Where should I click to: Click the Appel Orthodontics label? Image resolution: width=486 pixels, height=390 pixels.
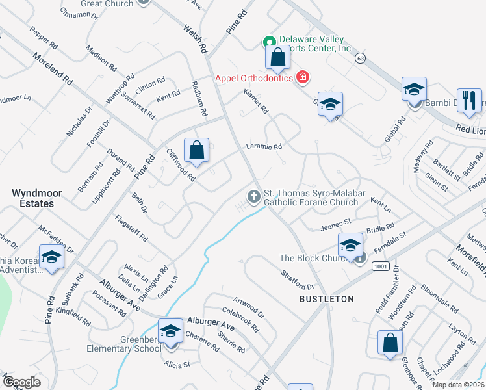coord(255,78)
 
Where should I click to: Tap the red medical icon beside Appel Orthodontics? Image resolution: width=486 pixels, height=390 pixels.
coord(302,78)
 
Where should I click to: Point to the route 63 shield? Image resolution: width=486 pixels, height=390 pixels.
coord(359,58)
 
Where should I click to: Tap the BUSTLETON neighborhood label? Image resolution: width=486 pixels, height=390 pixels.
coord(326,299)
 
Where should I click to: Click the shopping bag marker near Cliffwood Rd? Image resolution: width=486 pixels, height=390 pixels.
coord(196,151)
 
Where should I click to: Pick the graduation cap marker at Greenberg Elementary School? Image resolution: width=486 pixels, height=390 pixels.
coord(170,331)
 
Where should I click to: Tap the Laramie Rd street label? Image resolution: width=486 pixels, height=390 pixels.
coord(263,147)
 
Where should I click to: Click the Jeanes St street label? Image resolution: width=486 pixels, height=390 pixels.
coord(336,226)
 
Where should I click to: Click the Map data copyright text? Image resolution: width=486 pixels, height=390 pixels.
coord(457,385)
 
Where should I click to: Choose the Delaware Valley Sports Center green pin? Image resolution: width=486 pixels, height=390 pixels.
coord(268,43)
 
